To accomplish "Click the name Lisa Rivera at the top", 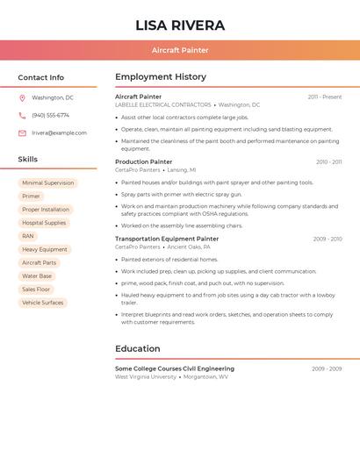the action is click(x=180, y=25).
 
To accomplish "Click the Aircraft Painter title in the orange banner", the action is click(x=180, y=50).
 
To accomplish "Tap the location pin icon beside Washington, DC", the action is click(x=22, y=98).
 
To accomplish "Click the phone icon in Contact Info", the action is click(x=22, y=116).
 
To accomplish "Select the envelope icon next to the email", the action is click(x=22, y=133).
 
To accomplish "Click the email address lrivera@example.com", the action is click(x=59, y=133).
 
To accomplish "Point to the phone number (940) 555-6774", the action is click(x=50, y=116).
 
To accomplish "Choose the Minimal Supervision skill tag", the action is click(x=48, y=183).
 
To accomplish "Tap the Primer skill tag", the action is click(x=32, y=197).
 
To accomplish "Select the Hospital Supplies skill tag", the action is click(x=44, y=223).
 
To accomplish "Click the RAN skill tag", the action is click(x=28, y=236).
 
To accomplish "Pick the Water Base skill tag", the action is click(x=37, y=276).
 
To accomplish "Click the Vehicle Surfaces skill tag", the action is click(x=43, y=303).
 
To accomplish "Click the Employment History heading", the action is click(x=161, y=77).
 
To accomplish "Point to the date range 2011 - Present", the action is click(x=324, y=97).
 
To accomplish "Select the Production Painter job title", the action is click(x=144, y=162).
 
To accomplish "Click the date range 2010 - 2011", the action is click(x=328, y=162).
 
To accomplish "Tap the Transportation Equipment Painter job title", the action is click(x=167, y=239).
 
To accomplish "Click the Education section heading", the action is click(x=138, y=349).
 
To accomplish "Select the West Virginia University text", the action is click(x=146, y=377).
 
